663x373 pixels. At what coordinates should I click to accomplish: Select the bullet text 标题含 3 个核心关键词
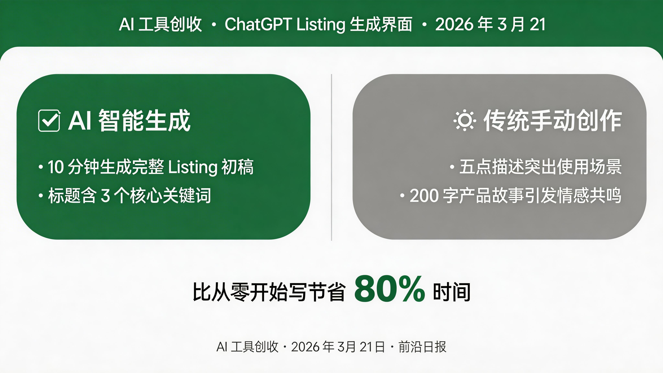click(x=129, y=196)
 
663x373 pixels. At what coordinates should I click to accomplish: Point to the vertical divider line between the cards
click(x=331, y=157)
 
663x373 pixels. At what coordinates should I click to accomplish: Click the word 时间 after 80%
click(x=452, y=292)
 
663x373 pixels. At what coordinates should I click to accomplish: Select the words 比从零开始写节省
click(x=269, y=292)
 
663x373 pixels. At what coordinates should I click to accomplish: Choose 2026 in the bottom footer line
click(x=305, y=347)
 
